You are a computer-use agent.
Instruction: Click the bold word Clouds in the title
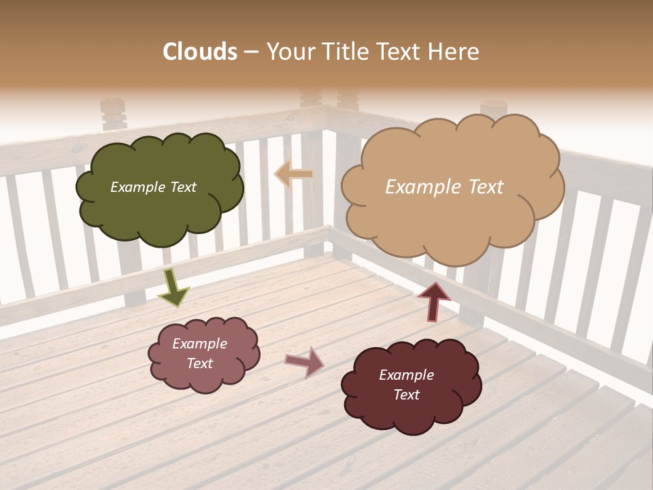(200, 52)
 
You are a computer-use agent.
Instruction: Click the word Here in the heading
(454, 52)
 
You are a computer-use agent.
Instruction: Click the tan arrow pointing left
(293, 174)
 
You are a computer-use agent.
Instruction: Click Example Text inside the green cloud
(153, 187)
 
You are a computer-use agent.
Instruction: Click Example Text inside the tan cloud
(444, 187)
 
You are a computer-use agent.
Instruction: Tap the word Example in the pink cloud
(199, 344)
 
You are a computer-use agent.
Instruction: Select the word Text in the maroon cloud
(406, 395)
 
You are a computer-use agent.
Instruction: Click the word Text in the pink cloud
(199, 363)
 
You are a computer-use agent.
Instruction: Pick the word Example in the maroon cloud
(406, 375)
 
